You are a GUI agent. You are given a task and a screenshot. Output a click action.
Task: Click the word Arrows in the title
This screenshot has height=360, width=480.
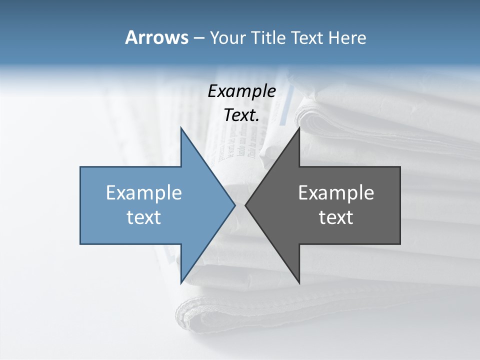pyautogui.click(x=156, y=37)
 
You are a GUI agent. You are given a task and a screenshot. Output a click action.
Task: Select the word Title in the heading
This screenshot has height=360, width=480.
pyautogui.click(x=269, y=37)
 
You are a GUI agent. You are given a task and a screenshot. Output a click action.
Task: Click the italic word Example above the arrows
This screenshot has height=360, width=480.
pyautogui.click(x=242, y=91)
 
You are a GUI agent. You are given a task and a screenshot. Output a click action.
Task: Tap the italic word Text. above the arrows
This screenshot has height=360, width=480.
pyautogui.click(x=242, y=115)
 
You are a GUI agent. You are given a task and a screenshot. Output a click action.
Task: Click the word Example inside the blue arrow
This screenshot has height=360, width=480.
pyautogui.click(x=144, y=193)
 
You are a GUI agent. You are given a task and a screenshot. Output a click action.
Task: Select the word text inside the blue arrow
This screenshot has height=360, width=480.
pyautogui.click(x=144, y=217)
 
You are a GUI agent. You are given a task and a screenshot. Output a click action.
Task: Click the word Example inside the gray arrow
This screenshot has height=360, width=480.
pyautogui.click(x=336, y=193)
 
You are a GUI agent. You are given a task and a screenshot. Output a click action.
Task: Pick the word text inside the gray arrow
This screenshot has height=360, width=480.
pyautogui.click(x=336, y=217)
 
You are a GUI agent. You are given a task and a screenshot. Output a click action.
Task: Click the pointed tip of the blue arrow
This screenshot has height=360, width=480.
pyautogui.click(x=234, y=205)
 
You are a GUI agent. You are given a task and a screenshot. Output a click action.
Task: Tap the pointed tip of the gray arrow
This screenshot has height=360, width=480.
pyautogui.click(x=246, y=205)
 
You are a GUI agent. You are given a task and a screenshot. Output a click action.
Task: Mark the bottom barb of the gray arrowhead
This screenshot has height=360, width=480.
pyautogui.click(x=298, y=281)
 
